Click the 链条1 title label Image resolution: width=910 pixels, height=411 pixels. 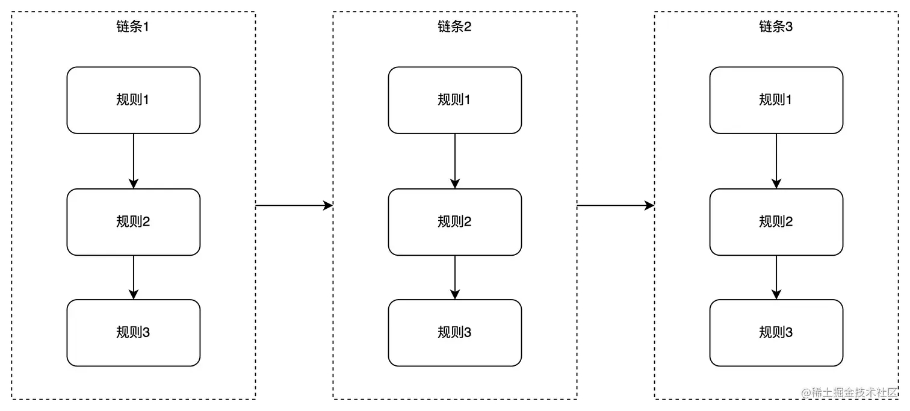coord(132,27)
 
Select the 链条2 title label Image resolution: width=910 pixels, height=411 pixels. coord(454,27)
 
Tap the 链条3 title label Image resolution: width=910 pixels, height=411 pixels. coord(776,27)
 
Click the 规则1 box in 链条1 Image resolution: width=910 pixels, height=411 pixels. coord(133,100)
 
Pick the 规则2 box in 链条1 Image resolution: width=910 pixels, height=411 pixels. coord(133,222)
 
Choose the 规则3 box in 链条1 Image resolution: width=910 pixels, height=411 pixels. coord(133,333)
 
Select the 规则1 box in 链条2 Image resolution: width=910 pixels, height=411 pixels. coord(454,100)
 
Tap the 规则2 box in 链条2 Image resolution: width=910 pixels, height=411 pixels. coord(454,222)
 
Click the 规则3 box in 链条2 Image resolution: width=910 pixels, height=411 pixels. coord(454,333)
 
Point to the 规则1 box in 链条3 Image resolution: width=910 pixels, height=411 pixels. coord(776,100)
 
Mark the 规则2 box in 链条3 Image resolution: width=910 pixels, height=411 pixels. coord(776,222)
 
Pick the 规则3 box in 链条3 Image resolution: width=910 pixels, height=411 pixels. coord(776,333)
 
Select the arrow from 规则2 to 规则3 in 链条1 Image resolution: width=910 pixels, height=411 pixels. coord(134,277)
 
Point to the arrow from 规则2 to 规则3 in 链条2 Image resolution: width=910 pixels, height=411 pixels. coord(455,277)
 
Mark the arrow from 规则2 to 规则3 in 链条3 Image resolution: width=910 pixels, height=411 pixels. coord(776,277)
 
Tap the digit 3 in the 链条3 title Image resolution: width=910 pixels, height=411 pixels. coord(789,27)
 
